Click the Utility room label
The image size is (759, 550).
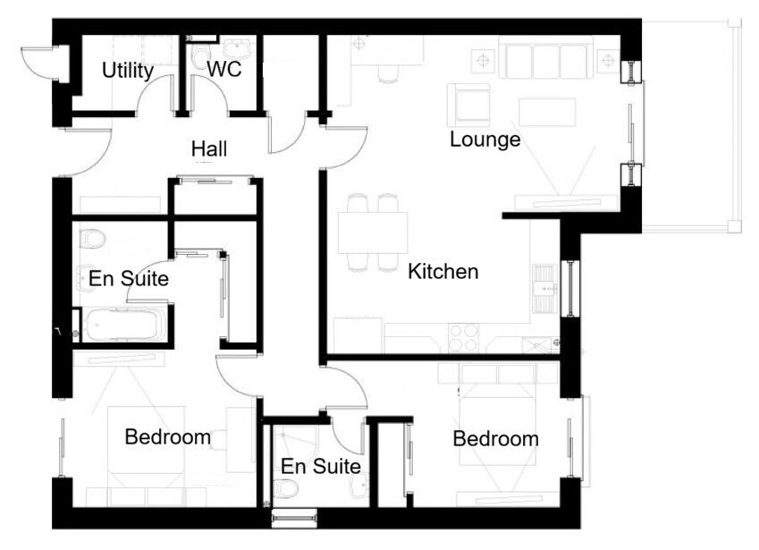pos(128,71)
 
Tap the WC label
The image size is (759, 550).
pos(224,70)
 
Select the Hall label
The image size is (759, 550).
pos(209,148)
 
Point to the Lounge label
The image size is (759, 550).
pos(485,140)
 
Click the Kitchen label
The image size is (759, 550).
pos(443,271)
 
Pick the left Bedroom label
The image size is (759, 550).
pos(167,437)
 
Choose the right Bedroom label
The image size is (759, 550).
pos(495,439)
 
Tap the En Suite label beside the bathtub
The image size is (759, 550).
pos(129,279)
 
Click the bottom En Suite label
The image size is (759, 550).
pos(320,467)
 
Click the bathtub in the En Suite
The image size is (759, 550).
pos(124,324)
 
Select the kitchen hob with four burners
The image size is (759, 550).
pos(463,337)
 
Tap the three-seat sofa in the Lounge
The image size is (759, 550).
pos(545,61)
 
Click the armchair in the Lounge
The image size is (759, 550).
pos(468,105)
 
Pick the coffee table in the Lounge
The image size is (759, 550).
pos(546,112)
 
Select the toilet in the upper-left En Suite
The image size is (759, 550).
pos(92,239)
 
